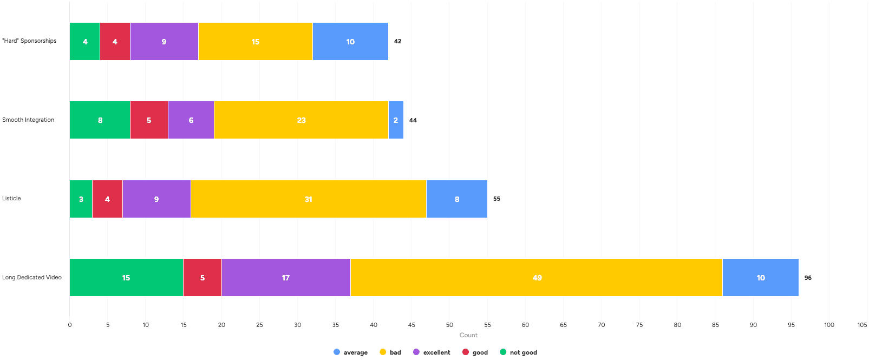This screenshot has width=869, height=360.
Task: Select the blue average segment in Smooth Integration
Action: coord(396,120)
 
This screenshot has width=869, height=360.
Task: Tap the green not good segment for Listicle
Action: coord(81,199)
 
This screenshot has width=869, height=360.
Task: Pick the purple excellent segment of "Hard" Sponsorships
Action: coord(164,42)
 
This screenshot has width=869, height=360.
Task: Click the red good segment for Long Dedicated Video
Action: coord(202,278)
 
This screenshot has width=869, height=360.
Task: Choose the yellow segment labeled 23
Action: coord(301,120)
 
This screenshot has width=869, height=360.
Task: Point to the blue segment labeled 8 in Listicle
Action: coord(456,199)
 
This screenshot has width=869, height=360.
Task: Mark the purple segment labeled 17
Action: coord(286,278)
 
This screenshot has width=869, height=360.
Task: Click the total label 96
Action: coord(808,278)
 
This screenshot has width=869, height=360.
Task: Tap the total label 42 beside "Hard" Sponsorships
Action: coord(397,41)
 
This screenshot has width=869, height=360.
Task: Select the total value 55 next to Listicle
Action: coord(496,199)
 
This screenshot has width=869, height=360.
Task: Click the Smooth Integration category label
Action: coord(28,120)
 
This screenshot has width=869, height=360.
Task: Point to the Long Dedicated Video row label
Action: coord(32,277)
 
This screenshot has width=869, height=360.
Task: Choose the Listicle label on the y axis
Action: coord(11,198)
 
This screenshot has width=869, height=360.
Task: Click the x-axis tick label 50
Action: coord(449,325)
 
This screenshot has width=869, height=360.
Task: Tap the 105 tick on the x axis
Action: coord(862,325)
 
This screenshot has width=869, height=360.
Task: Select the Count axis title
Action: coord(468,335)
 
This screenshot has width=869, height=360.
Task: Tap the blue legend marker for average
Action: coord(337,352)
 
